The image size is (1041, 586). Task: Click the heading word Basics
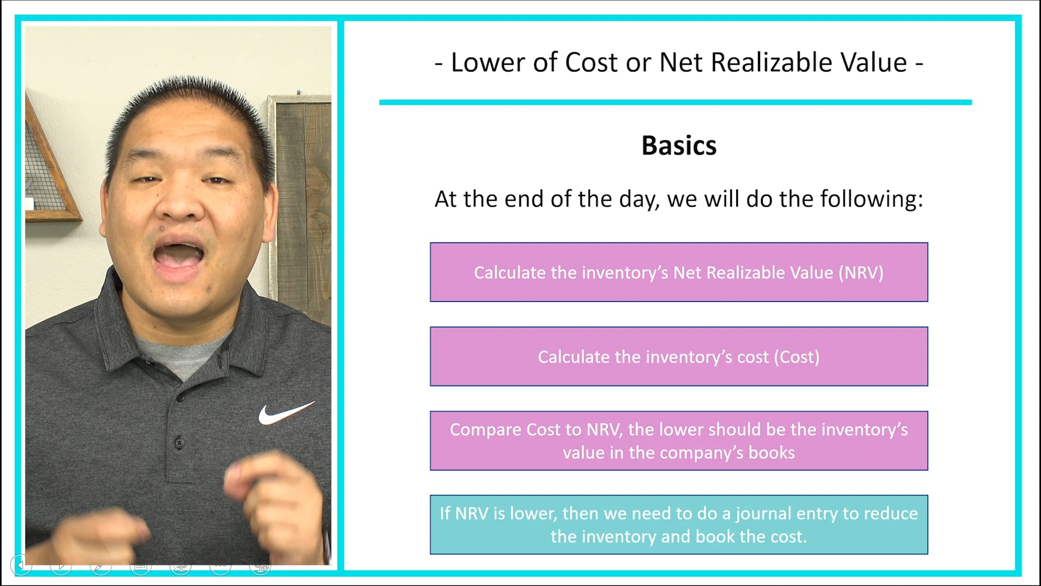(x=679, y=145)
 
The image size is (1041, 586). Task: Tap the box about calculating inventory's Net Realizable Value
(x=679, y=272)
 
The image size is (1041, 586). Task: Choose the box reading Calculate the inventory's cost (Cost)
(x=679, y=356)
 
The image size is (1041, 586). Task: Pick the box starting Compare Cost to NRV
(x=679, y=441)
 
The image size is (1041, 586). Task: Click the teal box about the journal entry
(x=679, y=524)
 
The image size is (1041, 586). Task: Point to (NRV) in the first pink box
(x=861, y=272)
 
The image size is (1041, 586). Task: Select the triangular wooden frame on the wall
(x=49, y=174)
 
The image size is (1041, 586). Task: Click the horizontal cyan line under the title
(x=675, y=102)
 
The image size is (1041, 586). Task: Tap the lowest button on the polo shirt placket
(x=179, y=442)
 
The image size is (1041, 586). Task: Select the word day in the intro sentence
(x=639, y=199)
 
